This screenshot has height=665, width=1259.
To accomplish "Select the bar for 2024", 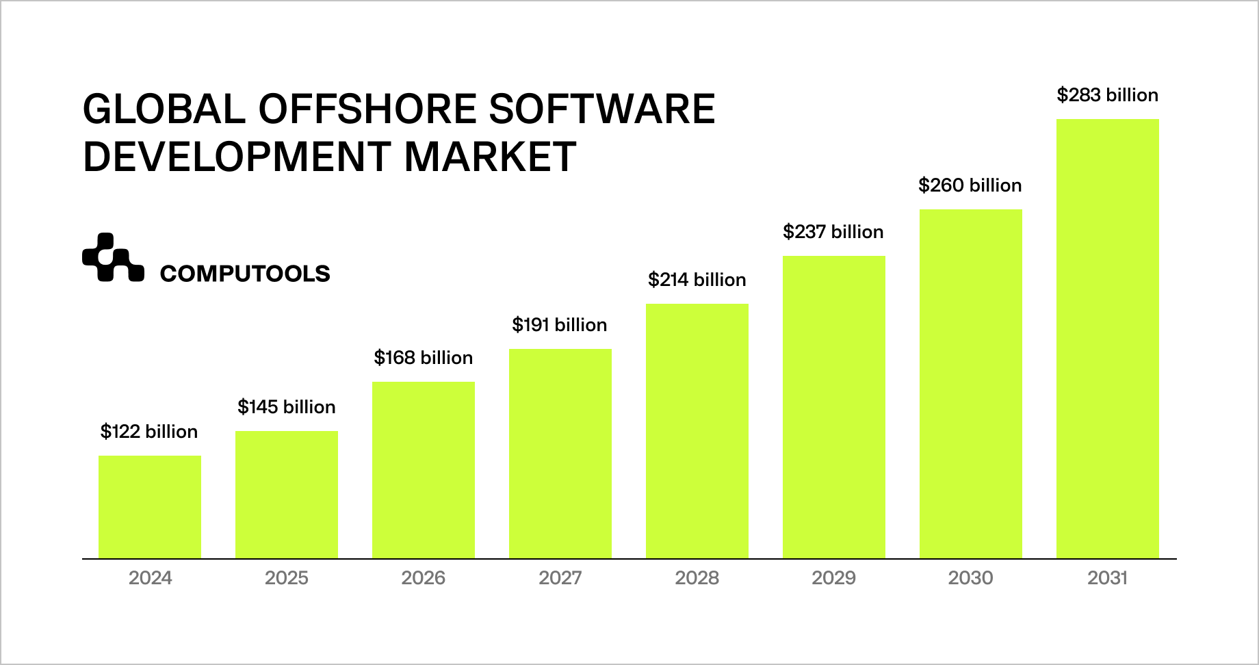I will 150,507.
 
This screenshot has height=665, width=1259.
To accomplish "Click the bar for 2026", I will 424,470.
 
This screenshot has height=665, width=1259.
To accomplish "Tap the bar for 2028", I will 697,431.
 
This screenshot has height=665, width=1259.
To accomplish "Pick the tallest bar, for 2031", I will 1108,339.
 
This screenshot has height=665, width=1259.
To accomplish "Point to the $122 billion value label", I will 149,432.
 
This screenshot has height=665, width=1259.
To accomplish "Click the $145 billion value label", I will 287,407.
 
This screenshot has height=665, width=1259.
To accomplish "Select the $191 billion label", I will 560,325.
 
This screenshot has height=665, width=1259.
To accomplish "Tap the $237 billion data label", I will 833,232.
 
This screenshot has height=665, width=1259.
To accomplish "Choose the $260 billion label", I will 970,185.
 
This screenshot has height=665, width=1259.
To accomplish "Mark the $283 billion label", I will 1108,95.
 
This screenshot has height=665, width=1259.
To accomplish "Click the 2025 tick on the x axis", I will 287,579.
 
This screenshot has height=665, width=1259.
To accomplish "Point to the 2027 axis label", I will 560,579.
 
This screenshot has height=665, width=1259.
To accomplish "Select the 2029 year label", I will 833,579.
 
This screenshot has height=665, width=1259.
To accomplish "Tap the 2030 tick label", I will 970,579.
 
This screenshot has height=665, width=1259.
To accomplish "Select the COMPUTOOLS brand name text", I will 245,274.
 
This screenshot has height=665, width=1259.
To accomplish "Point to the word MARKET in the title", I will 490,157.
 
